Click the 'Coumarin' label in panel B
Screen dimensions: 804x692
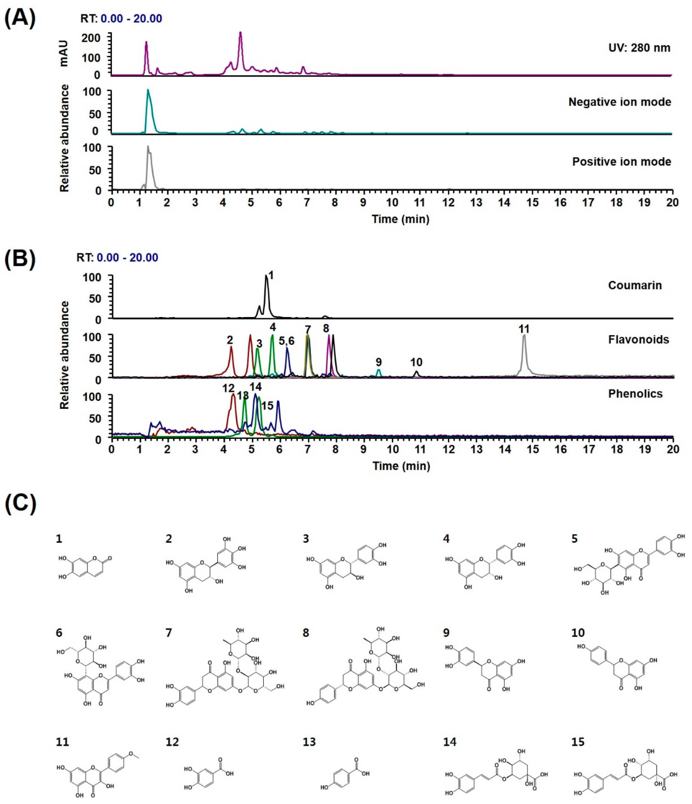click(635, 285)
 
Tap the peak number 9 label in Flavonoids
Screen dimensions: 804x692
click(378, 362)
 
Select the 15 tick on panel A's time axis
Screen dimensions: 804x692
click(532, 203)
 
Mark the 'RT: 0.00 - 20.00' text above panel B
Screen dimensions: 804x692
click(117, 258)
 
